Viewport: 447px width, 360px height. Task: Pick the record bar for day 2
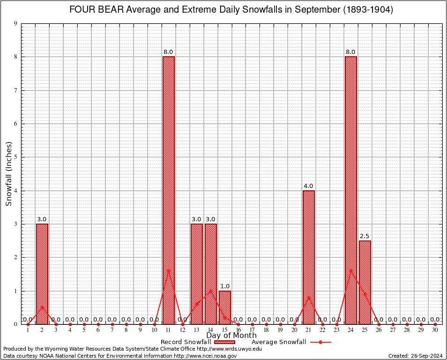(x=42, y=274)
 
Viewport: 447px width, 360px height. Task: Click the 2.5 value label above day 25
(x=365, y=236)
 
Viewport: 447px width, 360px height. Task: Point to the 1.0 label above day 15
(x=225, y=286)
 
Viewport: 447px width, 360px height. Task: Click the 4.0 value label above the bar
(x=308, y=186)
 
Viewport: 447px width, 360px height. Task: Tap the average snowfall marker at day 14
(x=211, y=291)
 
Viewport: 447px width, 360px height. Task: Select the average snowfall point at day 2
(x=42, y=307)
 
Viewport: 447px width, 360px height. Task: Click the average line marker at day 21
(x=309, y=297)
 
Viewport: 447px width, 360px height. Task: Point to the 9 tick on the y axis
(x=15, y=23)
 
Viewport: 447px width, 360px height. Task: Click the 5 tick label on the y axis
(x=15, y=157)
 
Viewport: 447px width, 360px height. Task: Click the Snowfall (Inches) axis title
(x=8, y=174)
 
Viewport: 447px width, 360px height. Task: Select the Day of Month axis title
(x=231, y=336)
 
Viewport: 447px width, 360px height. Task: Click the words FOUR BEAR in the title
(x=95, y=10)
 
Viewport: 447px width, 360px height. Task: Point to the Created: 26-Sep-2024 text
(x=415, y=356)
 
